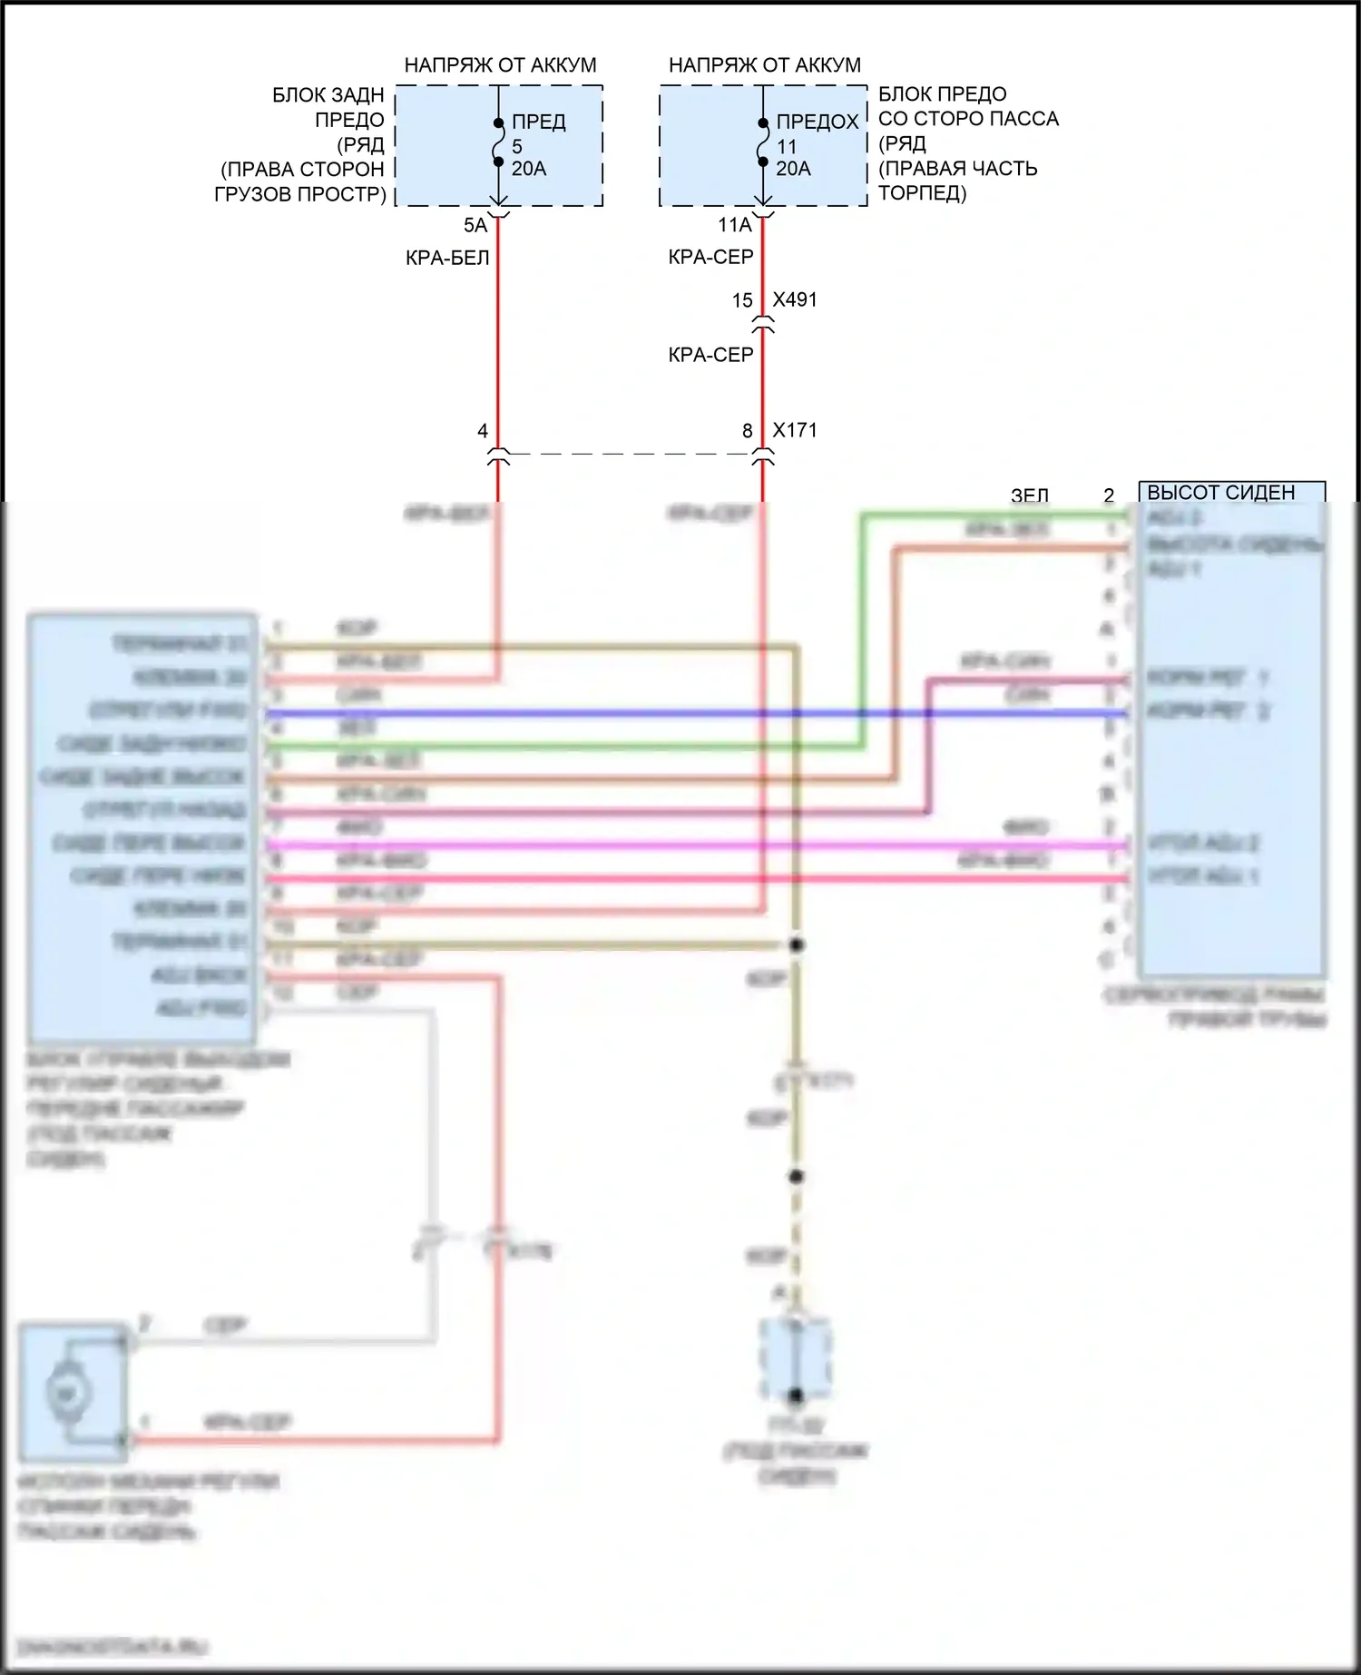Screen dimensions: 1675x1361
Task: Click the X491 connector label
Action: pos(795,299)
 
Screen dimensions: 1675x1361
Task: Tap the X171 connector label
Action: pos(795,430)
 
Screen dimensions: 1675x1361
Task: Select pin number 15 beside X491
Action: pos(742,300)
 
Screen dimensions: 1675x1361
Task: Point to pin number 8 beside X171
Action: pos(748,431)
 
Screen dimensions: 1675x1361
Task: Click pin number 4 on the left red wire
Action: pos(483,431)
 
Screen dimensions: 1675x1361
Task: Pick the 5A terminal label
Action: pos(475,225)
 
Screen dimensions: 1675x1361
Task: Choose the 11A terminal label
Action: pos(735,225)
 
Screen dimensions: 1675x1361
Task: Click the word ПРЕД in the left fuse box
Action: pos(539,122)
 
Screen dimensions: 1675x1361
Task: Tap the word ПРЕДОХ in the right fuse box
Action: pos(818,122)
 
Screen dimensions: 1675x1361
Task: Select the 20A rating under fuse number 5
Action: pos(529,169)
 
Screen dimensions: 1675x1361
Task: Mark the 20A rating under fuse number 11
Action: pos(794,169)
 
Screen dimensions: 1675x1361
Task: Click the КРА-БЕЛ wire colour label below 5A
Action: pos(447,258)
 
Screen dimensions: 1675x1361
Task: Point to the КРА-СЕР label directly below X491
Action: pos(711,355)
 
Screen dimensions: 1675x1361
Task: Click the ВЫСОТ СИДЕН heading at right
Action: pos(1221,493)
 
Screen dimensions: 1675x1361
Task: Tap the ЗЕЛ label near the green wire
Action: pos(1030,495)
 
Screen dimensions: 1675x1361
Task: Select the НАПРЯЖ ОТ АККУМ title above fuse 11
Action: pos(765,65)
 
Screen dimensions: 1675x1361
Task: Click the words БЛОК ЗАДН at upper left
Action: pos(328,95)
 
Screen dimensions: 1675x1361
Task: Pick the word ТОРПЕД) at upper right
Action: pos(923,192)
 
